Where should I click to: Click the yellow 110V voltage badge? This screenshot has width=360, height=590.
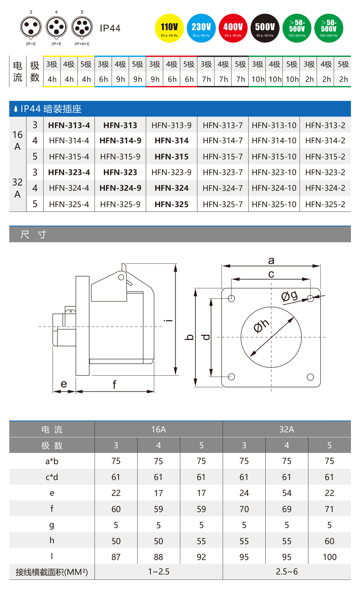169,28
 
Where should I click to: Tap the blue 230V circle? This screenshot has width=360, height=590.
201,28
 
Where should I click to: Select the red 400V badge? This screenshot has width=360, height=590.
233,28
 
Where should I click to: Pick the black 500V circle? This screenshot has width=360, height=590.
265,28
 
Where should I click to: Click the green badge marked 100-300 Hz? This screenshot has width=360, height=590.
297,28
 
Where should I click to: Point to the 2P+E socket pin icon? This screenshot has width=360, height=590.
31,28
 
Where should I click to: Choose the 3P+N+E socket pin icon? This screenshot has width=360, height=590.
82,28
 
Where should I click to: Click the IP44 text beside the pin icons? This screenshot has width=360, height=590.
110,28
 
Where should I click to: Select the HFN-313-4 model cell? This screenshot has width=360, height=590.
69,125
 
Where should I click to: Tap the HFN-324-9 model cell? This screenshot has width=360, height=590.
120,188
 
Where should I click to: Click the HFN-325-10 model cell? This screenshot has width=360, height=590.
274,204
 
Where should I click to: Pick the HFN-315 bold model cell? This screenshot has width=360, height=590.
172,157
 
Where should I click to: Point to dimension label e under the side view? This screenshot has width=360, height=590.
64,384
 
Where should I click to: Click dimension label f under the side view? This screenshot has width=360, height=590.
114,384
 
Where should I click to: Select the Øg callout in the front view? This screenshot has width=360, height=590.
289,296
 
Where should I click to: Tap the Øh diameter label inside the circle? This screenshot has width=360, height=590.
261,326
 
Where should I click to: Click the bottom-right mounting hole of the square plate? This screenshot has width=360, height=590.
310,377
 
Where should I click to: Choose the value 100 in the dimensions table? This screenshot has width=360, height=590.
329,557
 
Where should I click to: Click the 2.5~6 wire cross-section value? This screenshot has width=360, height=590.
287,572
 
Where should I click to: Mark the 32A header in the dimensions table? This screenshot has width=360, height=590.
287,429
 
